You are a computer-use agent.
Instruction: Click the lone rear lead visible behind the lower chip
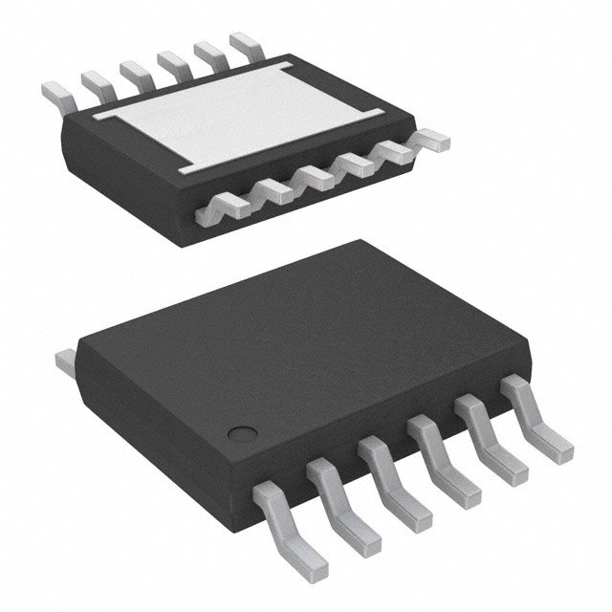[65, 361]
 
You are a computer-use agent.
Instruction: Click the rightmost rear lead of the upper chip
[245, 42]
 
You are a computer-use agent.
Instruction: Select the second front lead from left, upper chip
[273, 189]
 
